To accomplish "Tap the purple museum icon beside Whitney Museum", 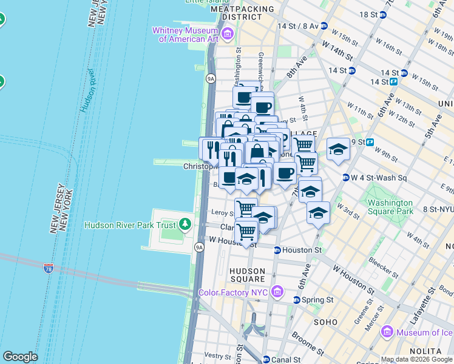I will click(228, 34).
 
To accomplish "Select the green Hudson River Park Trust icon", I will click(186, 225).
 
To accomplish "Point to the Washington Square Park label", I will click(389, 207).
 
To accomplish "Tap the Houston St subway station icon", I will click(277, 250).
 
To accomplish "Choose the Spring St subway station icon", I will click(297, 300).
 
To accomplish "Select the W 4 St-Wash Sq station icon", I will click(346, 178).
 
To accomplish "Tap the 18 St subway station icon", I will click(382, 15).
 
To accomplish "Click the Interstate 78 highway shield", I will click(49, 268).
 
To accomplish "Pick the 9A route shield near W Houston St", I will click(199, 247).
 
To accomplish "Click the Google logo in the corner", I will click(20, 357).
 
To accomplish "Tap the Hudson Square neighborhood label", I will click(248, 275).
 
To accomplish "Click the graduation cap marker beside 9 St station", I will click(338, 149).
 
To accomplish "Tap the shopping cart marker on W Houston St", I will click(246, 231).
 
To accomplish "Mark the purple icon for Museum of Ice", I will click(387, 332).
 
